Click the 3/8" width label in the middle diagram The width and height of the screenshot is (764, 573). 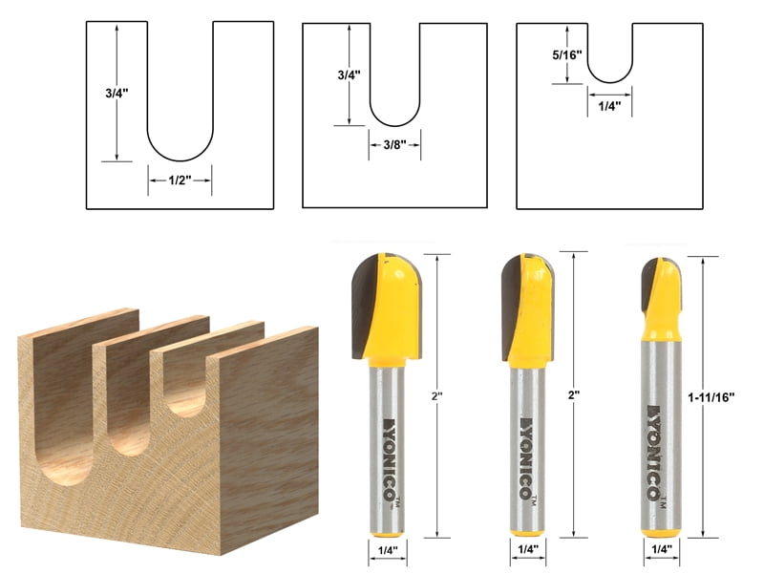392,144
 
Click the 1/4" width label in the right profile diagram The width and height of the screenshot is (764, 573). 609,106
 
